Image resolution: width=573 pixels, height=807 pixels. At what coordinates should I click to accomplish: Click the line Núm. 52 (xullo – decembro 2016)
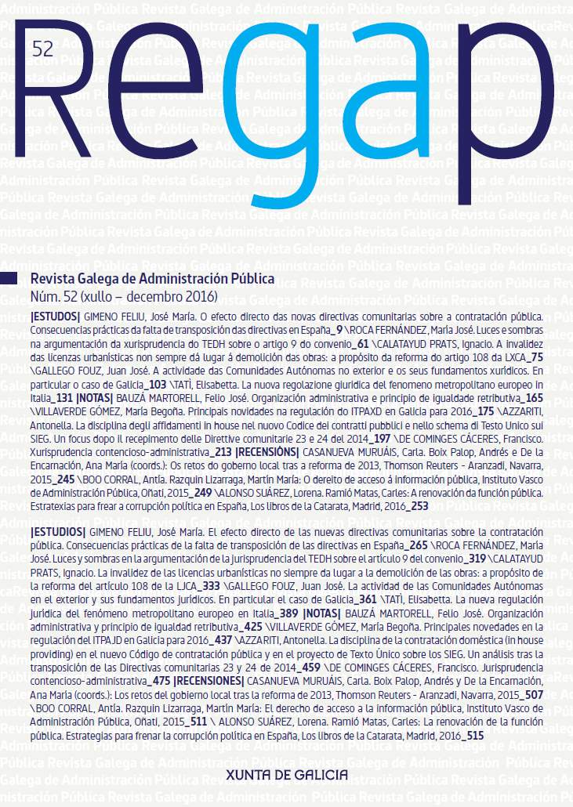pyautogui.click(x=122, y=297)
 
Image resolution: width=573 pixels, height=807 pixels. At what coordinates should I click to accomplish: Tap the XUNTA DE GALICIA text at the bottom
pyautogui.click(x=286, y=753)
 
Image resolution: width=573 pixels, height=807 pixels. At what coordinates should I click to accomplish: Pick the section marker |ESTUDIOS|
pyautogui.click(x=58, y=533)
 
